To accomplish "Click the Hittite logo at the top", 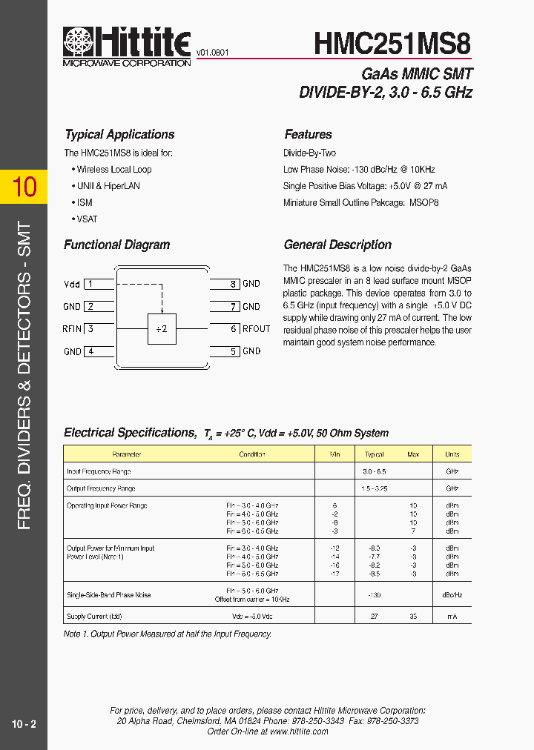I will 127,46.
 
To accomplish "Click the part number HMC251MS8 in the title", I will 392,44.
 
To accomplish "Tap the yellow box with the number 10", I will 24,186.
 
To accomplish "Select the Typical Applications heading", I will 119,134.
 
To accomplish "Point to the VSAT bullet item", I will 87,219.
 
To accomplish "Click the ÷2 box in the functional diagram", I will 162,329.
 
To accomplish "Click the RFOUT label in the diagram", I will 256,329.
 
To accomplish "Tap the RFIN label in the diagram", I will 72,329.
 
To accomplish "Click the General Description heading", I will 337,245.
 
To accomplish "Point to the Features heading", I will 308,134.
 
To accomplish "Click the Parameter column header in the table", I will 126,454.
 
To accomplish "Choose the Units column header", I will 452,454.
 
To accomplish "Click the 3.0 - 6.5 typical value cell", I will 374,471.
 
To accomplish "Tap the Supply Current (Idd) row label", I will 94,617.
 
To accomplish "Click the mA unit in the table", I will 452,617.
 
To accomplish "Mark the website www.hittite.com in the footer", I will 298,731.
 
